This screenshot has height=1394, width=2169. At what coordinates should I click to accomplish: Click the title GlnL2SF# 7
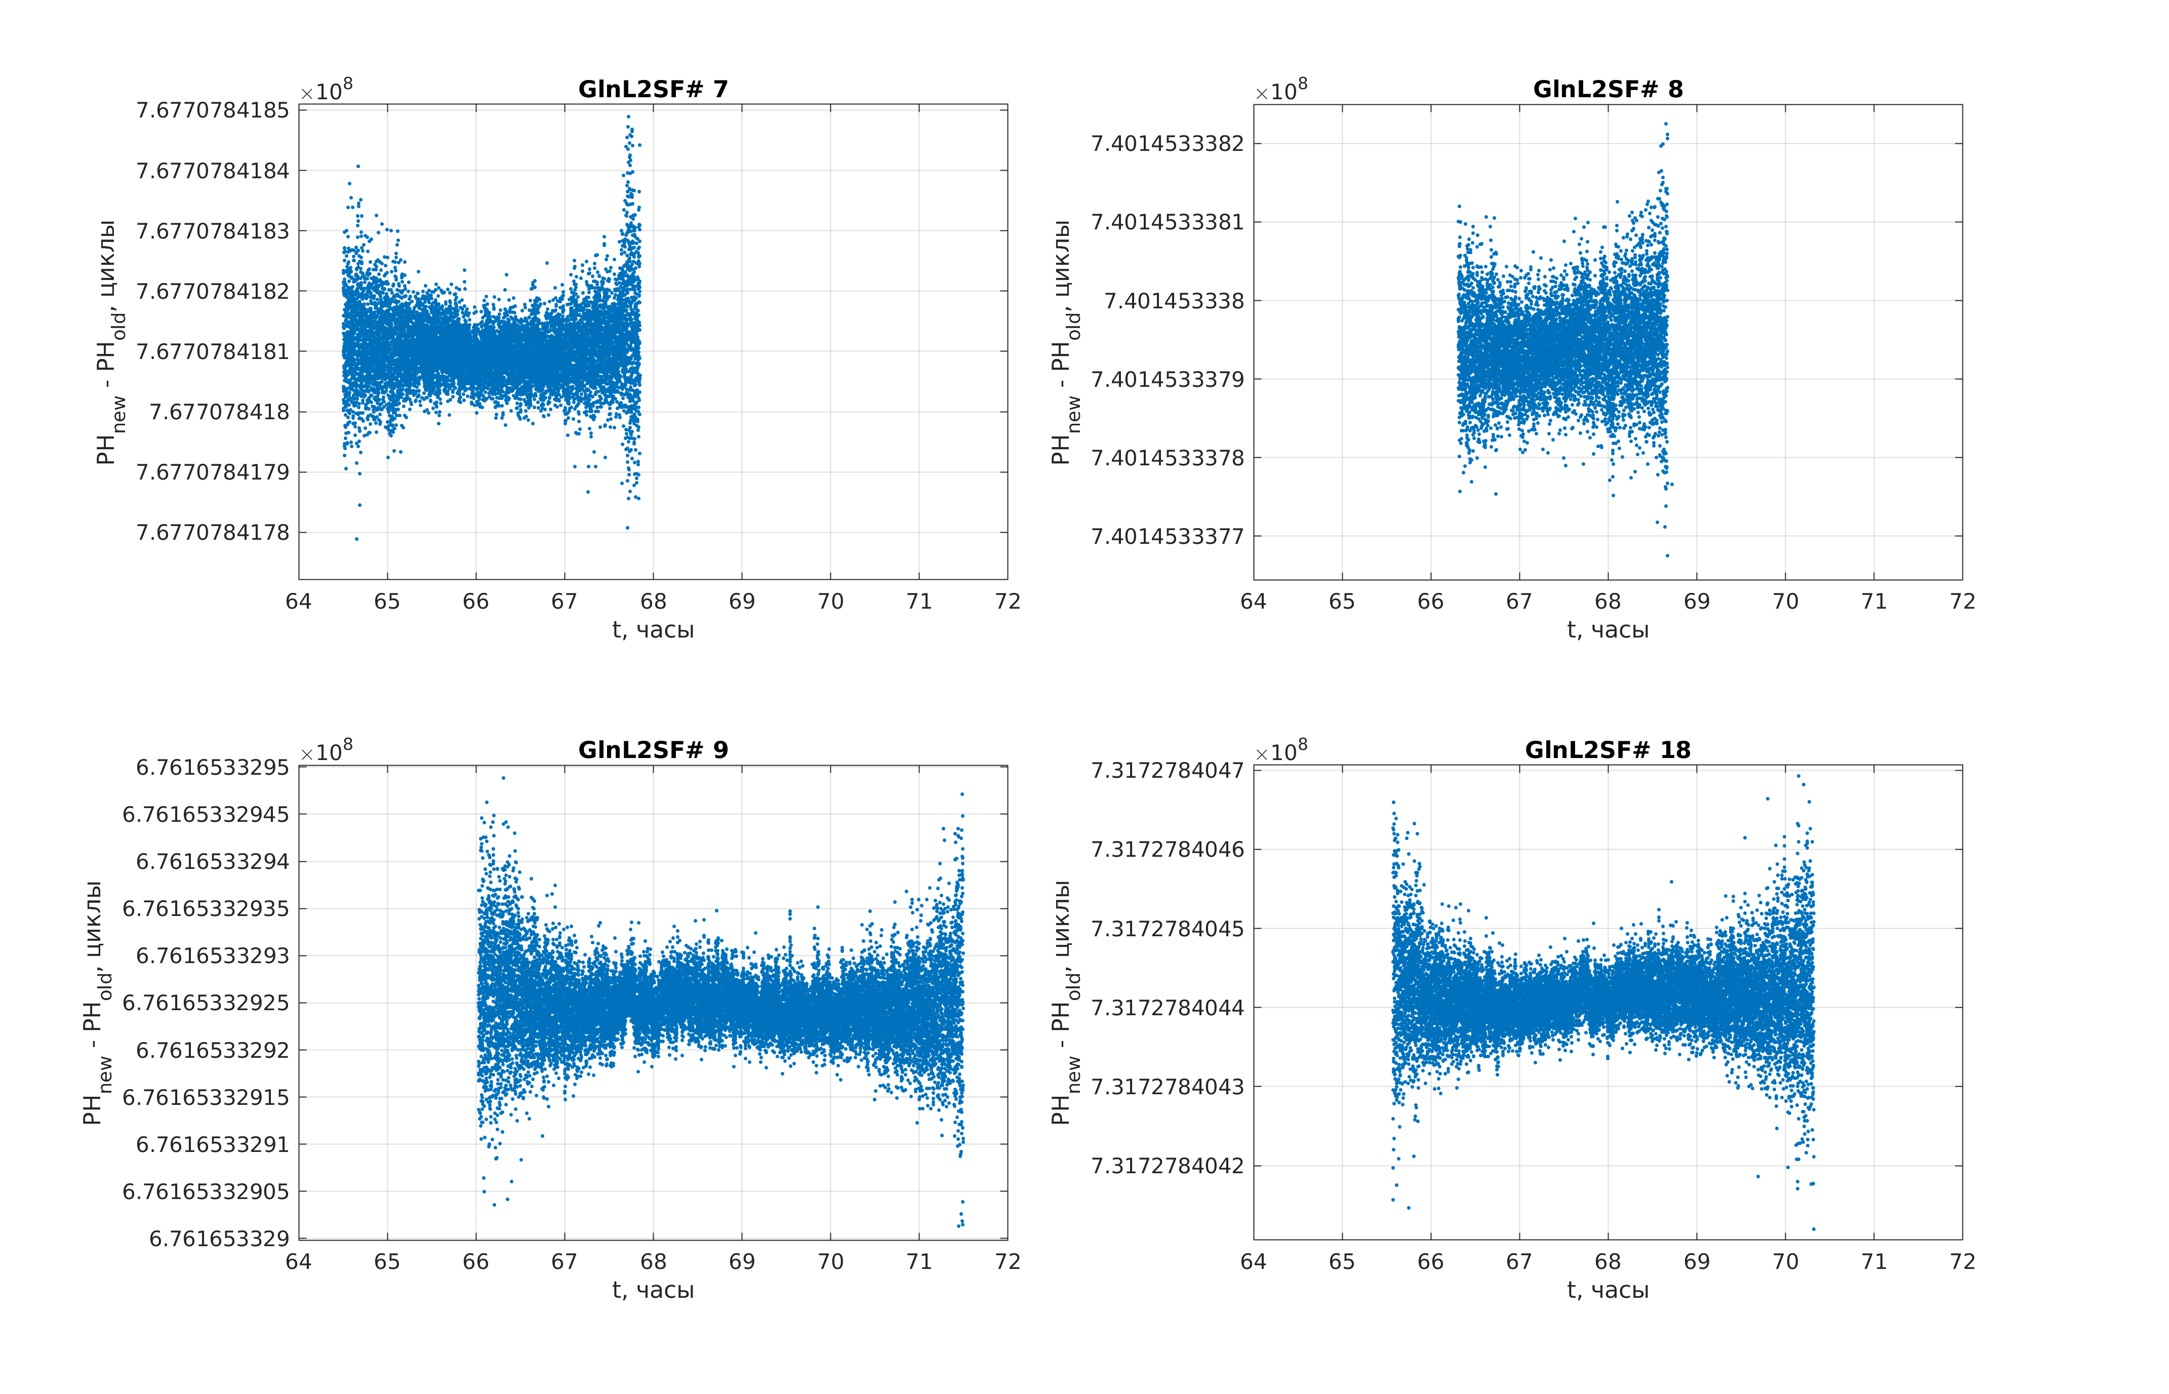tap(653, 89)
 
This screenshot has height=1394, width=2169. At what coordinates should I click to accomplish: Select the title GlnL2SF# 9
tap(653, 749)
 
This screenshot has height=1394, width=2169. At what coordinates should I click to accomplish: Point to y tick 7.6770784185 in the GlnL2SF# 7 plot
tap(213, 110)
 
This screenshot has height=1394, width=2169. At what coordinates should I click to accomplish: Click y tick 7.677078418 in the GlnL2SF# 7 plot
tap(219, 412)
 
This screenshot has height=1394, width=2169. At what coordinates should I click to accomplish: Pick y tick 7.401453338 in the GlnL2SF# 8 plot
tap(1174, 301)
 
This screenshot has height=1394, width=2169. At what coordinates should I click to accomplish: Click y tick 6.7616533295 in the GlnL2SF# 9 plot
tap(213, 768)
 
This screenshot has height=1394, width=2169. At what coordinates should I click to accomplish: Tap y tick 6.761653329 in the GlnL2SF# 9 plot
tap(219, 1239)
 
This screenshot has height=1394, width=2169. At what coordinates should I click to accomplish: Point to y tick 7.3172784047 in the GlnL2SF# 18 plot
tap(1168, 770)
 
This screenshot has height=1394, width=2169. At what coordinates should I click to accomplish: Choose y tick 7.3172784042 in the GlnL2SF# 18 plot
tap(1168, 1165)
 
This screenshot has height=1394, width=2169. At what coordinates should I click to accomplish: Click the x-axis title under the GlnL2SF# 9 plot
tap(653, 1290)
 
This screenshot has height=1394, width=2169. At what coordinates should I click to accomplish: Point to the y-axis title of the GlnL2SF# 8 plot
tap(1065, 342)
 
